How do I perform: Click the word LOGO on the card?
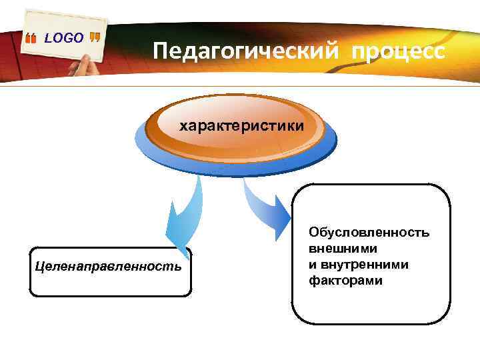click(64, 39)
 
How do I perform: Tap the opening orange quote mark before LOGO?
click(31, 40)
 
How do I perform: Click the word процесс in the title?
click(397, 51)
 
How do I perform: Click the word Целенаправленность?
click(109, 267)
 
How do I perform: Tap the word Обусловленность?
click(369, 233)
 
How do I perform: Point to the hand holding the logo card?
click(83, 67)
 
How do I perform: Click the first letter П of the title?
click(161, 51)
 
